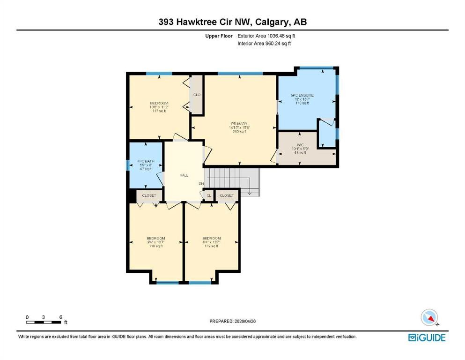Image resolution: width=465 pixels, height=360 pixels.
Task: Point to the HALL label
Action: coord(184,175)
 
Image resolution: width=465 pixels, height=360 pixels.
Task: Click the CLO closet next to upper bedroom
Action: coord(197,95)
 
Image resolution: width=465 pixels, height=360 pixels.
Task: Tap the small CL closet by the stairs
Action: coord(209,195)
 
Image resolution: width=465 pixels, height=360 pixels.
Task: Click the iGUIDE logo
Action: coord(427,337)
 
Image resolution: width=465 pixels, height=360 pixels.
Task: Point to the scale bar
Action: coord(44,322)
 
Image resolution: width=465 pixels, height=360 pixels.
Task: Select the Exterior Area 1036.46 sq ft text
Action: coord(266,35)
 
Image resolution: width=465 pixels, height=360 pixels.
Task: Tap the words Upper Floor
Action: coord(220,35)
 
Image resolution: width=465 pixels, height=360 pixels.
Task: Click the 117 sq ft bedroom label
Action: coord(159,111)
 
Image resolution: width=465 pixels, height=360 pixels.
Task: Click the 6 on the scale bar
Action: coord(61,317)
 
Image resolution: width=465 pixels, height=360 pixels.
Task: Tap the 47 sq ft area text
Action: coord(145,169)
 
